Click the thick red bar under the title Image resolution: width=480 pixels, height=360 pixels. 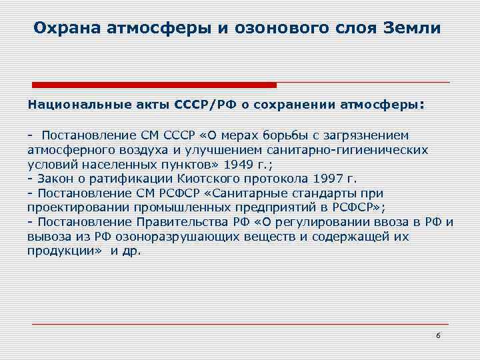pos(155,85)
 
